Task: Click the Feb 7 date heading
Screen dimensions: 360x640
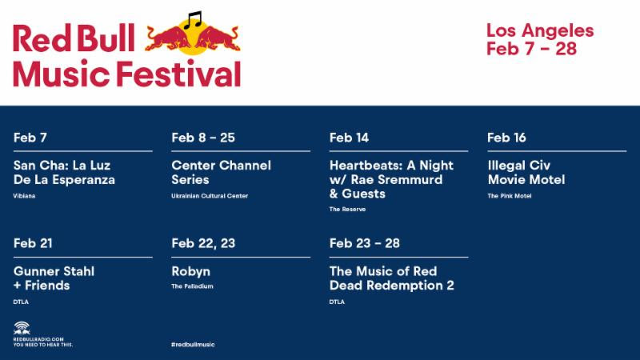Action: click(30, 138)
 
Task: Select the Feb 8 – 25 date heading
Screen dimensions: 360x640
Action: click(203, 138)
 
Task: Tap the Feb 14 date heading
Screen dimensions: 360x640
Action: click(349, 138)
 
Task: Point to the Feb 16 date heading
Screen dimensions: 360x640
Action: click(506, 138)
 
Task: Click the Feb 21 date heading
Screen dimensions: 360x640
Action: click(33, 243)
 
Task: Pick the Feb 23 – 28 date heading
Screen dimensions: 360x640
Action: click(364, 243)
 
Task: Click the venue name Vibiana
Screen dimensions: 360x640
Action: click(24, 196)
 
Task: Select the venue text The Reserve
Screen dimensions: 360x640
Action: click(348, 209)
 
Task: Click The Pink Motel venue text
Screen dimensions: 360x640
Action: click(510, 196)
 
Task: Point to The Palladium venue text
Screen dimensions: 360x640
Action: click(193, 286)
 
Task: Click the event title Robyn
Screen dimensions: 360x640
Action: click(191, 271)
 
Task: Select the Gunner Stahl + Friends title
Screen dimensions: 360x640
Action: click(54, 278)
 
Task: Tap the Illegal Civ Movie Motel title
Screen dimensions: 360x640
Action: click(526, 172)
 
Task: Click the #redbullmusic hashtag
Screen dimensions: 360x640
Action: click(193, 344)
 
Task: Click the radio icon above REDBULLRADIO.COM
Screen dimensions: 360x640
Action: click(22, 326)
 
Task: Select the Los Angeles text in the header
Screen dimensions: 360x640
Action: click(540, 31)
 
